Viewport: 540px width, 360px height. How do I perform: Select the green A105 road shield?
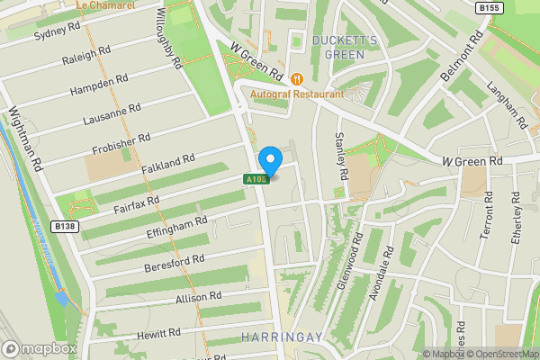pyautogui.click(x=255, y=180)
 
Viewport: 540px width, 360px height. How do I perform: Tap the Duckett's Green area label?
pyautogui.click(x=338, y=48)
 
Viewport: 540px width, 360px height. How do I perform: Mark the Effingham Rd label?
pyautogui.click(x=176, y=226)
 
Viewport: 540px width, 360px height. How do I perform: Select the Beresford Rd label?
pyautogui.click(x=175, y=263)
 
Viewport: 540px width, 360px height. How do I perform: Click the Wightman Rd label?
pyautogui.click(x=26, y=140)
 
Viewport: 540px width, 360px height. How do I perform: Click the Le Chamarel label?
pyautogui.click(x=106, y=4)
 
